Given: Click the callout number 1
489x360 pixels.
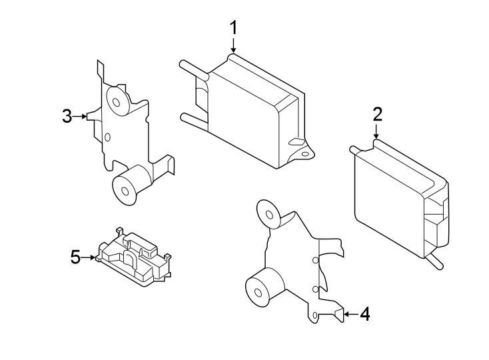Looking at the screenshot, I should tap(234, 27).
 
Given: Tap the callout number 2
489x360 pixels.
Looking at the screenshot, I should tap(377, 114).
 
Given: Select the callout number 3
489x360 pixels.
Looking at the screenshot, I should tap(67, 117).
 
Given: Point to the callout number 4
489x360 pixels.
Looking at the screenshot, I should tap(364, 314).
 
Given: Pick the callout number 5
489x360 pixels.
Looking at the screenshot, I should tap(75, 257).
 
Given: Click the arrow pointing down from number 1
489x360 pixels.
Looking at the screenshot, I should tap(234, 46).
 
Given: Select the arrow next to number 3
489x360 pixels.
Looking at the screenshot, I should tap(81, 117).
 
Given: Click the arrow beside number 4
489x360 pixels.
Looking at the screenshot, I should tap(350, 314).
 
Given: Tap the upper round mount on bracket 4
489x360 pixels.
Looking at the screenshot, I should tap(270, 215).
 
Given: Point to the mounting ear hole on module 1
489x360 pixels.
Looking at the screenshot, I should tap(305, 153).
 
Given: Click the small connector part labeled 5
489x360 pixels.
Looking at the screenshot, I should tap(135, 256).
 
